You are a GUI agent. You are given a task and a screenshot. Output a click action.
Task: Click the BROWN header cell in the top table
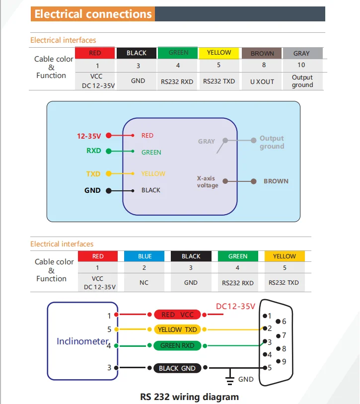262,53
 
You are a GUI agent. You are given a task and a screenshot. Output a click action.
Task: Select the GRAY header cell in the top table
303,53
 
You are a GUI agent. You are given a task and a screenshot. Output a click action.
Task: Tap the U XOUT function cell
262,81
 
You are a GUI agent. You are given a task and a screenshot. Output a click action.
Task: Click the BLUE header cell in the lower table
144,256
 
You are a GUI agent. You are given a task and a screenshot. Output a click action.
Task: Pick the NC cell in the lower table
144,283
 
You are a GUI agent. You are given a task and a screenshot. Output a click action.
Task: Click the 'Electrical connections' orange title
93,14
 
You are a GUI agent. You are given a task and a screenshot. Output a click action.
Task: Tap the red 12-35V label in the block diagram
89,136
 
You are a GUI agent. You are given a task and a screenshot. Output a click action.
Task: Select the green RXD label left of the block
94,151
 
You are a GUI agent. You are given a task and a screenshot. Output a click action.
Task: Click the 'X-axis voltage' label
208,182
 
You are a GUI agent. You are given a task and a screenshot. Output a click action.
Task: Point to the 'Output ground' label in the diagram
272,142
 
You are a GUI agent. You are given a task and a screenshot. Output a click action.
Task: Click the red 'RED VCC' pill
177,315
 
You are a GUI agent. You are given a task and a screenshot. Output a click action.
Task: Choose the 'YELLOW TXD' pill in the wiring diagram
177,329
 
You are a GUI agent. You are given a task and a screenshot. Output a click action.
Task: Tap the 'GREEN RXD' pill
177,345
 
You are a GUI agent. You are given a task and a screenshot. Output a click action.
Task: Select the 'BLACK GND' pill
177,368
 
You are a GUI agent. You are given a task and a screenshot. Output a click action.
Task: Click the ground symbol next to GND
230,379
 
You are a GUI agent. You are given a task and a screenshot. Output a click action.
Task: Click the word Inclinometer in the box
82,341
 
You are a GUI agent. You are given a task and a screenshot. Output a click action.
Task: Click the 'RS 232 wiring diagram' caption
190,397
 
